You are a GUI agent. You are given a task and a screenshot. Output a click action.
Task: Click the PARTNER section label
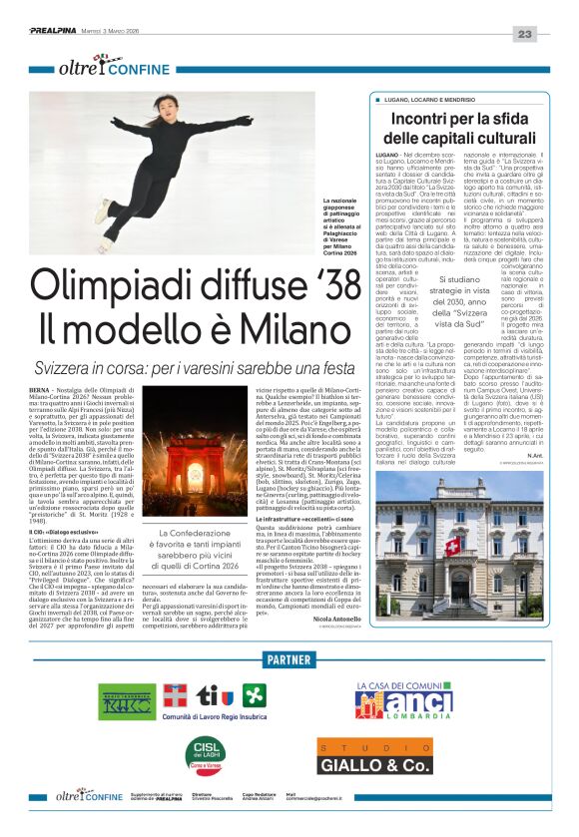tap(289, 661)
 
